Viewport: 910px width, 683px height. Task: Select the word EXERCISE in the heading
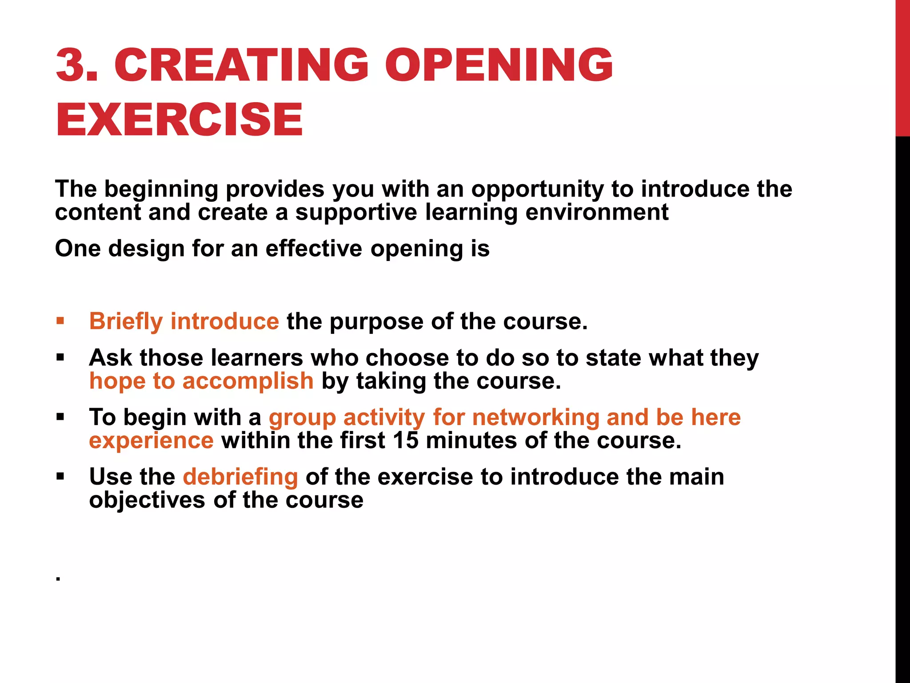179,119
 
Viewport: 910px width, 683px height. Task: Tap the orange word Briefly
126,321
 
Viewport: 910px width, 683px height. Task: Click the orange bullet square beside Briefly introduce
60,321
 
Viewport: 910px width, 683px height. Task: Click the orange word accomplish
248,382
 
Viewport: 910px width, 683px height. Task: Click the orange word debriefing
240,477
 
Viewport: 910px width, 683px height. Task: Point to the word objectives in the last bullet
147,501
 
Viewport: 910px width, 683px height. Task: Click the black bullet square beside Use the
60,477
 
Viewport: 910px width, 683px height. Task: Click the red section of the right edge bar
902,67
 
